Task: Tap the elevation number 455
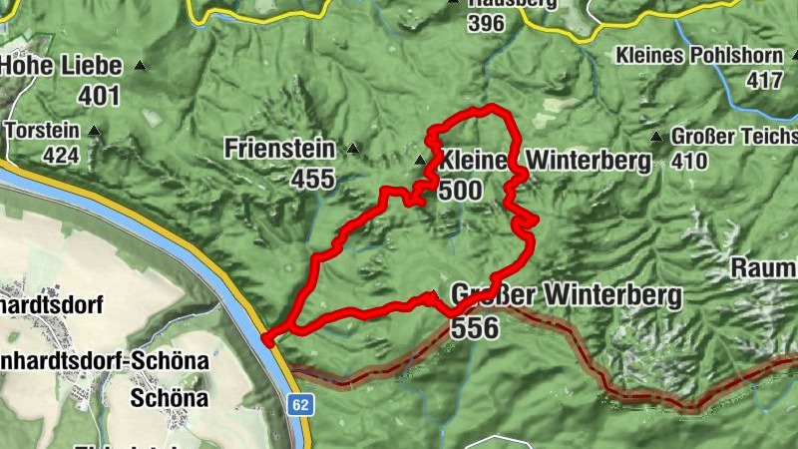click(x=315, y=180)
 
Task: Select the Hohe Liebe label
click(x=61, y=67)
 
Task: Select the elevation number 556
click(x=474, y=326)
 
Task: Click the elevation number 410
click(x=689, y=160)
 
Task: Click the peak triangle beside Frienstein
click(x=352, y=149)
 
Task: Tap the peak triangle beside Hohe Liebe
click(x=140, y=66)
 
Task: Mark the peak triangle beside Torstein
click(x=94, y=131)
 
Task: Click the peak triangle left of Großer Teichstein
click(x=656, y=137)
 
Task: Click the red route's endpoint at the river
click(x=267, y=338)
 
